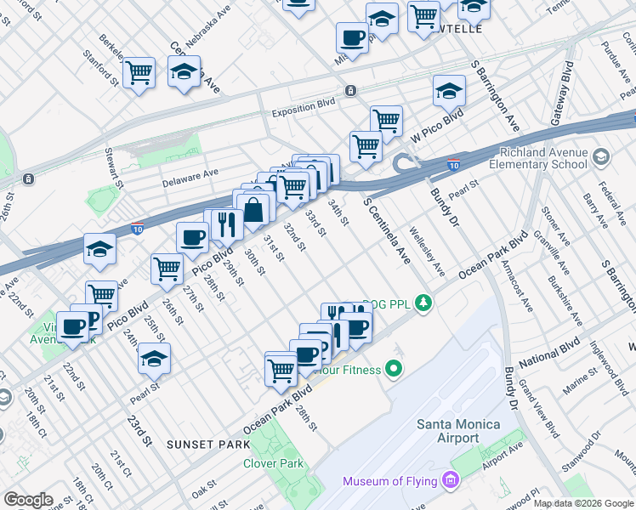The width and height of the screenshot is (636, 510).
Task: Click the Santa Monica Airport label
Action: (446, 431)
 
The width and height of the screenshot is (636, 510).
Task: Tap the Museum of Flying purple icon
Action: (451, 482)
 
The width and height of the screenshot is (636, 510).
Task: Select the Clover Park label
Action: (273, 463)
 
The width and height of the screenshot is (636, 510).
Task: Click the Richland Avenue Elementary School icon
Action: (602, 158)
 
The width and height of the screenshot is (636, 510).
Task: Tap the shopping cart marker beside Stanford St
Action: (138, 73)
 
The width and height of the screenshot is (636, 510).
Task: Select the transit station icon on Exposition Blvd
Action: (349, 91)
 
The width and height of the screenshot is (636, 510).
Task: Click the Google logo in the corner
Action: (28, 500)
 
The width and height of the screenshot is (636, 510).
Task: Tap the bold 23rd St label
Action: (139, 432)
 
